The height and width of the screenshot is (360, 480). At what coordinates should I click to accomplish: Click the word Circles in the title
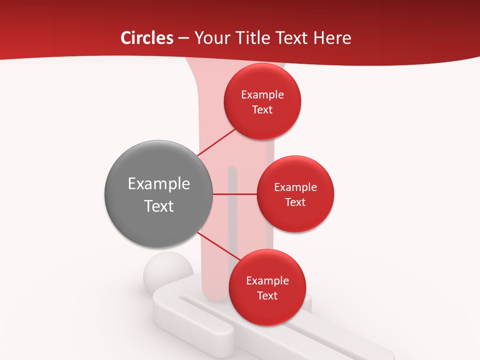pos(146,38)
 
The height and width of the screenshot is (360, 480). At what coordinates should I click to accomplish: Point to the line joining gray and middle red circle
pos(234,194)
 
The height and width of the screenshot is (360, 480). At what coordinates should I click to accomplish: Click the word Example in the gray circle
pos(159,184)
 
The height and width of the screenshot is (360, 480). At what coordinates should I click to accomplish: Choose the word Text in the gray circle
pos(159,206)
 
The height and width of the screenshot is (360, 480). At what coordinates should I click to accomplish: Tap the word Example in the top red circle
pos(262,95)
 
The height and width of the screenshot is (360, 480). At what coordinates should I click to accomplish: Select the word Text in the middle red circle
pos(295,202)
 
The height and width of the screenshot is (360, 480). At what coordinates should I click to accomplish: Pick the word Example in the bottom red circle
pos(267,281)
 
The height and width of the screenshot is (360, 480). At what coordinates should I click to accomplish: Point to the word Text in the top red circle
pos(262,110)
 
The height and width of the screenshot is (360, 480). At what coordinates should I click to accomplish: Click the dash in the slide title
pos(183,38)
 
